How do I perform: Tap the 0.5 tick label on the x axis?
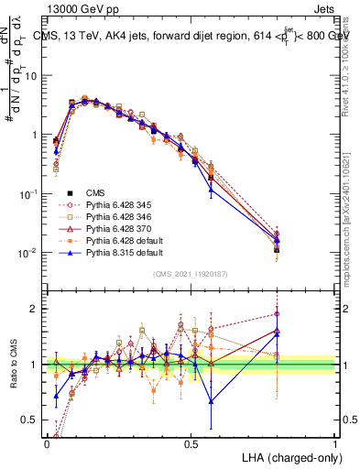pos(191,442)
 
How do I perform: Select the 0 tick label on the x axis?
pos(47,442)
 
